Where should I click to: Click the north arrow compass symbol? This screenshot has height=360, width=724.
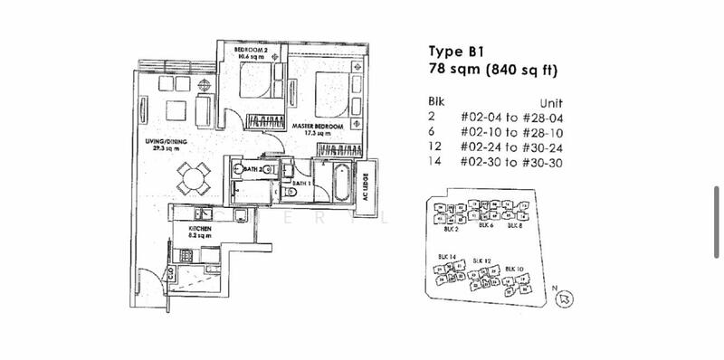coord(566,297)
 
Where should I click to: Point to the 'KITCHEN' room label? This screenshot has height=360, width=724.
coord(200,230)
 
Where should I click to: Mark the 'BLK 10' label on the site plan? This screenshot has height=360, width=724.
coord(515,269)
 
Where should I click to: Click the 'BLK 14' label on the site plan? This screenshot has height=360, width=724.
coord(446,257)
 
